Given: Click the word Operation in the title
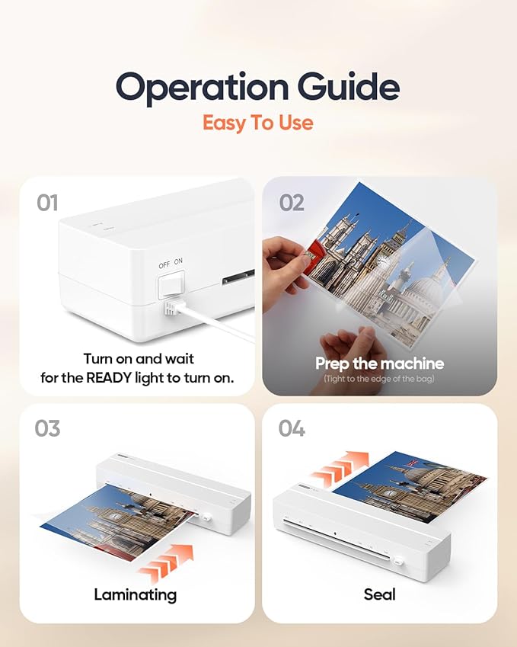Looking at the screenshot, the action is tap(203, 88).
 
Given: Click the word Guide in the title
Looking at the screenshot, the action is tap(349, 86).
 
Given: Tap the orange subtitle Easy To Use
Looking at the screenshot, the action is tap(258, 123).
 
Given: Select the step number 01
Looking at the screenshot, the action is tap(47, 203).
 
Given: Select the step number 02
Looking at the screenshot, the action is tap(292, 203).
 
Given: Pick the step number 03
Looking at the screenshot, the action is tap(47, 428).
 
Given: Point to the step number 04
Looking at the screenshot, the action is tap(292, 428).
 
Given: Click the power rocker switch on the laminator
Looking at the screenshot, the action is tap(171, 285).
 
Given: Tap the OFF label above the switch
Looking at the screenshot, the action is tap(164, 265).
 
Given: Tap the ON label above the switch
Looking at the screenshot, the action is tap(178, 261).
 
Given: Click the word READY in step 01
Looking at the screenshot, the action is tap(109, 377).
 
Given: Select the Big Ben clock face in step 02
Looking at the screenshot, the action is tap(384, 261).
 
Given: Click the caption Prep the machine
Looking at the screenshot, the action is tap(380, 364).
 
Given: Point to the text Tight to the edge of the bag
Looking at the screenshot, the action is tap(379, 379).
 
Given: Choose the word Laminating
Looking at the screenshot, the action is tap(136, 595).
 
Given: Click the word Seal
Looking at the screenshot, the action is tap(380, 594).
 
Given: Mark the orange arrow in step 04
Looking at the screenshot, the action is tap(340, 469).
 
